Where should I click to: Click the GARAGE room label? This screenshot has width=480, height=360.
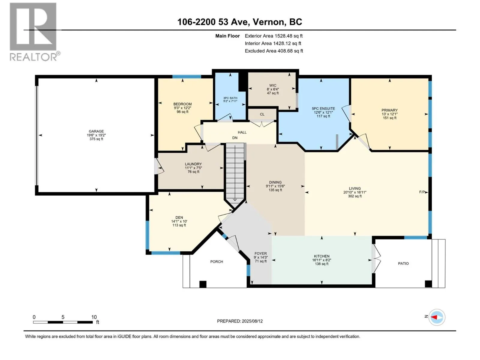[96, 131]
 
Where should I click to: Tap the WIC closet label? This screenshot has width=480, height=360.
[273, 85]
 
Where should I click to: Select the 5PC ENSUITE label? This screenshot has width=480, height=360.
[323, 108]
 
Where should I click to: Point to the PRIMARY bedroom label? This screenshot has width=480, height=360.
[389, 110]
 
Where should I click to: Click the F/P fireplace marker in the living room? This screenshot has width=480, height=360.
[422, 192]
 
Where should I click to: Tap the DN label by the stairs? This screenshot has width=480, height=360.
[235, 138]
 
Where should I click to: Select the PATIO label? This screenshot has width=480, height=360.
[403, 263]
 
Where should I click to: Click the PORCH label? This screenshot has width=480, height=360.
[217, 261]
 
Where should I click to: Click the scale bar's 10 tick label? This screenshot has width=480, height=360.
[94, 317]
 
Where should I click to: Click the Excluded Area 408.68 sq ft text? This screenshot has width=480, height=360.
[274, 51]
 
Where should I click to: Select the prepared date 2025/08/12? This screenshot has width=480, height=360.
[252, 321]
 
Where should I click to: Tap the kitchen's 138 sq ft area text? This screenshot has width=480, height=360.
[322, 264]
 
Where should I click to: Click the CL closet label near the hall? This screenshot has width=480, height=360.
[262, 114]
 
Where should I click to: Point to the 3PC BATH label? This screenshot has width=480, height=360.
[230, 98]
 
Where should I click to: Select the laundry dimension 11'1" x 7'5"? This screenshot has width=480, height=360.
[193, 168]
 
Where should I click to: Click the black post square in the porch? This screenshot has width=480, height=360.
[203, 284]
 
